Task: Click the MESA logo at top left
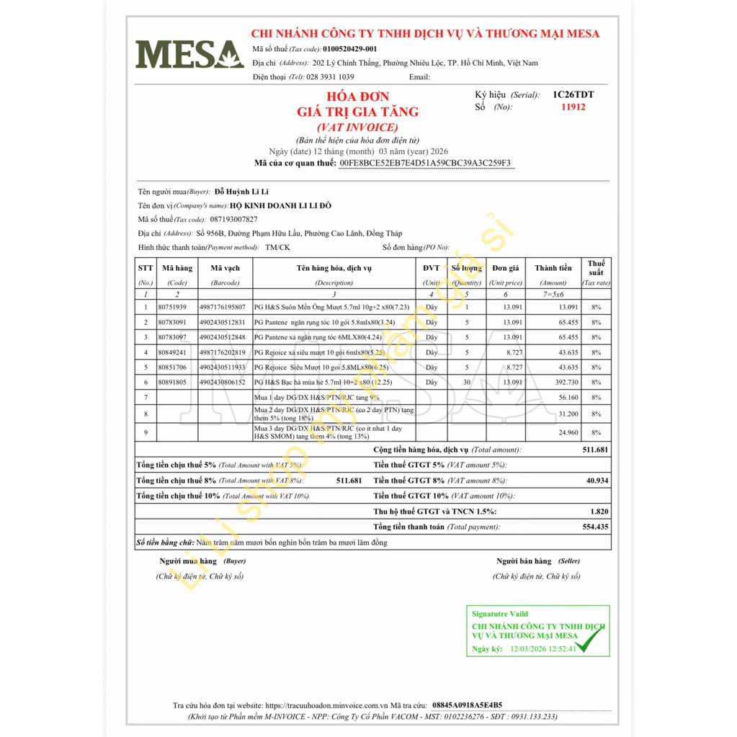tap(189, 54)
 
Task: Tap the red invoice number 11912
tap(573, 107)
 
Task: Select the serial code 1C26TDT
tap(573, 94)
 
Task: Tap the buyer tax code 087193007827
tap(233, 219)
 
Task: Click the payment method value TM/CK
tap(277, 247)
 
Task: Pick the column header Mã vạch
tap(225, 268)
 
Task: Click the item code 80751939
tap(171, 307)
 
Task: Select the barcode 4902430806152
tap(222, 383)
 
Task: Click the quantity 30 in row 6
tap(467, 383)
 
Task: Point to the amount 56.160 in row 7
tap(568, 398)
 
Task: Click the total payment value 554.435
tap(594, 527)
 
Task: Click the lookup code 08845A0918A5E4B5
tap(468, 705)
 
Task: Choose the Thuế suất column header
tap(596, 268)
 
